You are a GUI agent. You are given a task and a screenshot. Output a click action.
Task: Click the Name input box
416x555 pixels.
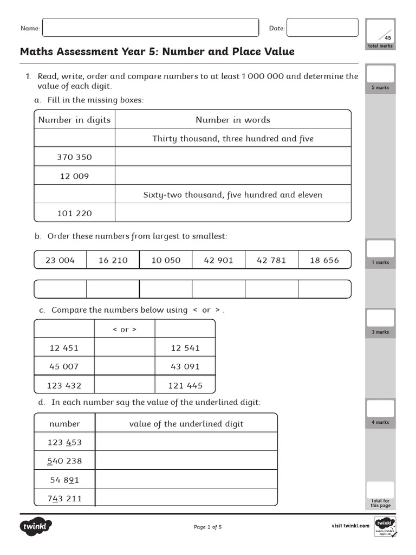(151, 28)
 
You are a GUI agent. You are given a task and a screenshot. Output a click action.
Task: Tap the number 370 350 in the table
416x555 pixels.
(75, 157)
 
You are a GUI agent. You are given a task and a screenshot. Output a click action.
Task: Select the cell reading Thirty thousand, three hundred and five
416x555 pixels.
(233, 139)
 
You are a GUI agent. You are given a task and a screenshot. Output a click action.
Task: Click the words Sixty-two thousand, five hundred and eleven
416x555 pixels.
(233, 195)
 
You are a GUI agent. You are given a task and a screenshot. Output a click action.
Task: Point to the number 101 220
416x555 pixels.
(75, 214)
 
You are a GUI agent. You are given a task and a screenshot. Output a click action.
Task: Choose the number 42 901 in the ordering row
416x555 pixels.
(218, 260)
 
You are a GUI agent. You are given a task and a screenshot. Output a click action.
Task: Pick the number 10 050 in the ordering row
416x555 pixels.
(166, 260)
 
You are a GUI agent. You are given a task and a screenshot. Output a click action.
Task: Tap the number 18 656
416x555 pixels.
(324, 260)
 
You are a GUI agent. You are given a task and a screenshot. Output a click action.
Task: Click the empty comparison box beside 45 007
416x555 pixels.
(125, 366)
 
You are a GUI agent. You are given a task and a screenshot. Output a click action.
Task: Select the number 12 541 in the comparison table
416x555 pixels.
(185, 348)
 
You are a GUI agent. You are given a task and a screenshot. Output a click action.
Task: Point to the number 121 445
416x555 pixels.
(185, 385)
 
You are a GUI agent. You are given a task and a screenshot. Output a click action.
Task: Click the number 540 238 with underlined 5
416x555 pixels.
(64, 461)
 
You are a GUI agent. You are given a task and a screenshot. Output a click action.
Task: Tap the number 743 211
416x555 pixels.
(64, 499)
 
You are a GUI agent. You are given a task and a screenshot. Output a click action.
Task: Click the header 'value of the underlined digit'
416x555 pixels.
(186, 424)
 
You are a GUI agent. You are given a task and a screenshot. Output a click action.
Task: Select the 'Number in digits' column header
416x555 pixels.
(75, 120)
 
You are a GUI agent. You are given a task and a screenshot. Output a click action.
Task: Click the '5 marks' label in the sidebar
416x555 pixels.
(380, 88)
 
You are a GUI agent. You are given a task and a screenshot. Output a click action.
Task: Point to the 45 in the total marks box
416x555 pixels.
(387, 38)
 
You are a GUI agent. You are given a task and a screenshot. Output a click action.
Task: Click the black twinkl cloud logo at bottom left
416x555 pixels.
(36, 526)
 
